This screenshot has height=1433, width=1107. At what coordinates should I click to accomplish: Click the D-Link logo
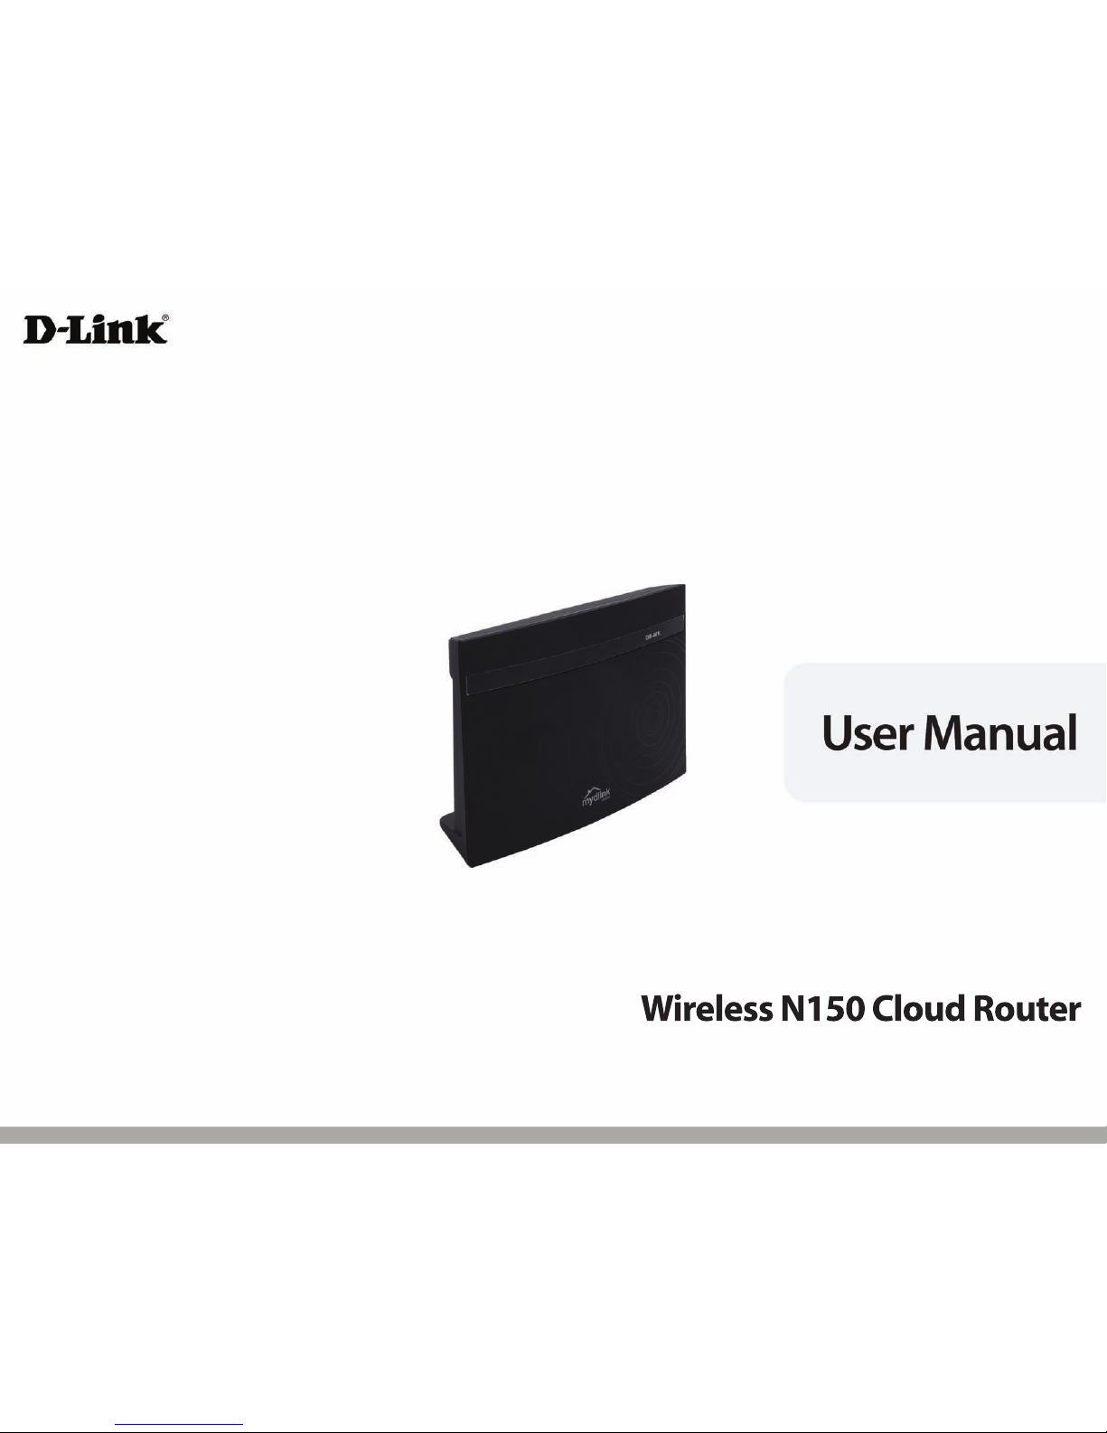[95, 329]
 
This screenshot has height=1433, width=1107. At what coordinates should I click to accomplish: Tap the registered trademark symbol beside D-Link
[164, 318]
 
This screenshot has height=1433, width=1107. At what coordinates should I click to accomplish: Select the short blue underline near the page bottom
[180, 1425]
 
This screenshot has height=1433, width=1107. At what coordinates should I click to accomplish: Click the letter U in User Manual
[837, 732]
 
